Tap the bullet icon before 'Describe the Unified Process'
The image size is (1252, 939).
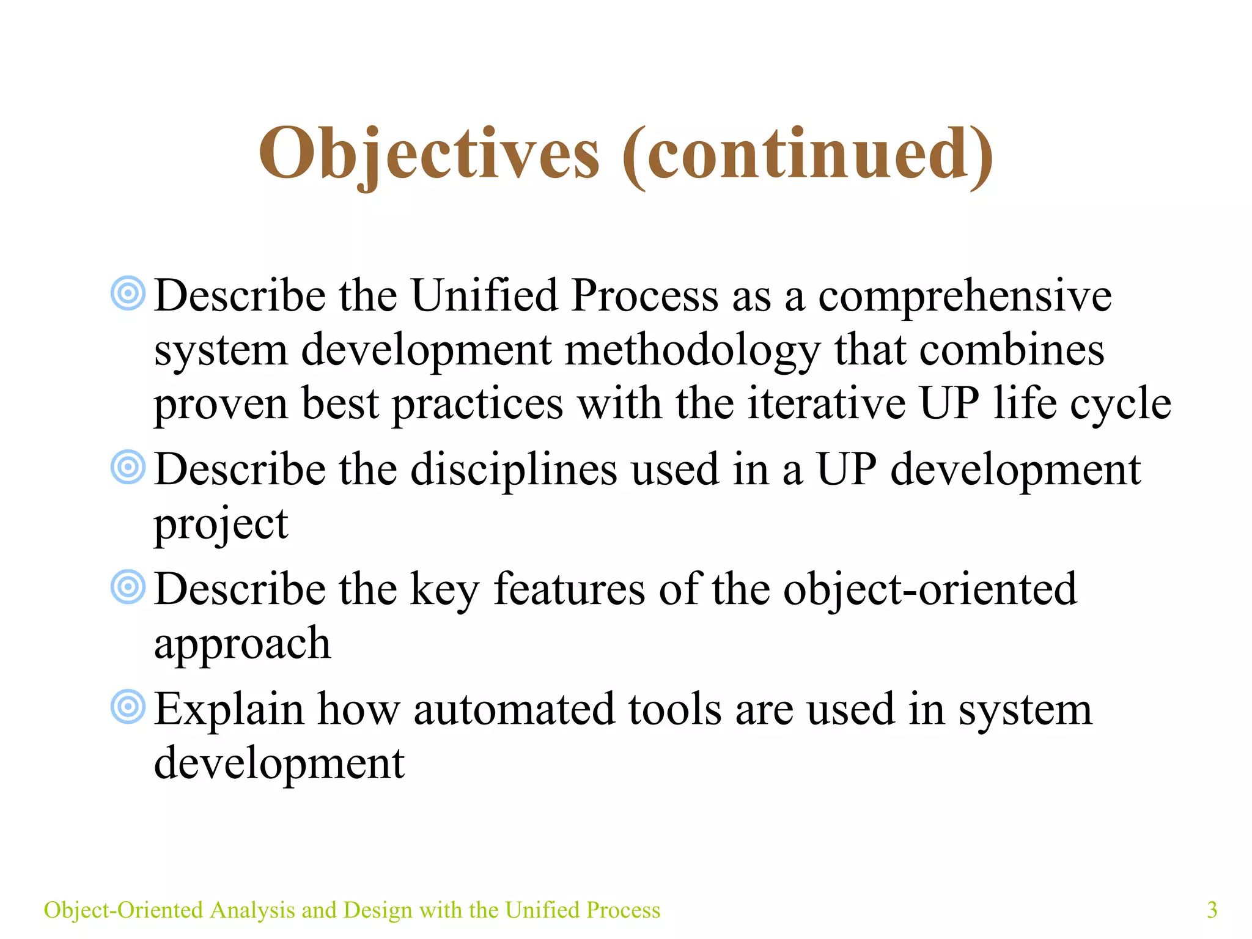coord(128,293)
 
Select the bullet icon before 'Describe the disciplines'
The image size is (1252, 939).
coord(128,468)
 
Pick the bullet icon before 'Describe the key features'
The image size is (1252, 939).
coord(128,587)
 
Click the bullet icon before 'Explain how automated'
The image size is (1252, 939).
coord(128,707)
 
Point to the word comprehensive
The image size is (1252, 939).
coord(965,296)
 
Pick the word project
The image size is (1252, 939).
coord(221,525)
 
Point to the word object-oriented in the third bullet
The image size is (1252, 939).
coord(929,590)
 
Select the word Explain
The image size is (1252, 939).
coord(229,710)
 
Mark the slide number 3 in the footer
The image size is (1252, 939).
coord(1212,910)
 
